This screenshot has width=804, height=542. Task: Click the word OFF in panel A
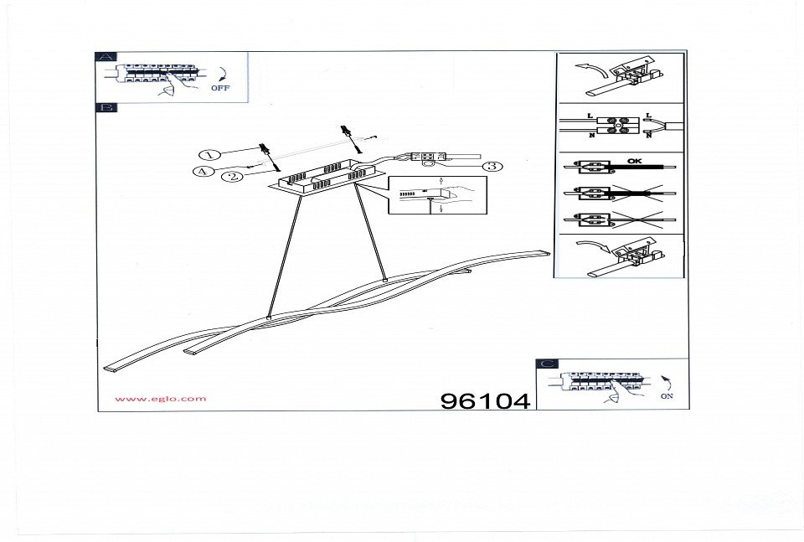tap(219, 88)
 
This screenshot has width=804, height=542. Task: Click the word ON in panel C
tap(666, 396)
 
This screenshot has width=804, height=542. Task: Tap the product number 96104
tap(485, 401)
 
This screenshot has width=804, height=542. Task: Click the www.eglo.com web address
tap(160, 399)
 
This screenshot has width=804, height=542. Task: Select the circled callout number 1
tap(209, 154)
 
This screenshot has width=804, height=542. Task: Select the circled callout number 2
tap(233, 176)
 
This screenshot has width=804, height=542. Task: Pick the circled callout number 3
tap(493, 166)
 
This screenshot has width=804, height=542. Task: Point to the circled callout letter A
tap(201, 172)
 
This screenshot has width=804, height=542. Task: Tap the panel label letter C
tap(546, 364)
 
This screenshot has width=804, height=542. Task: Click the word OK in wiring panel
tap(636, 160)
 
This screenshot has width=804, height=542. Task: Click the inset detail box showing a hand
tap(437, 196)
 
